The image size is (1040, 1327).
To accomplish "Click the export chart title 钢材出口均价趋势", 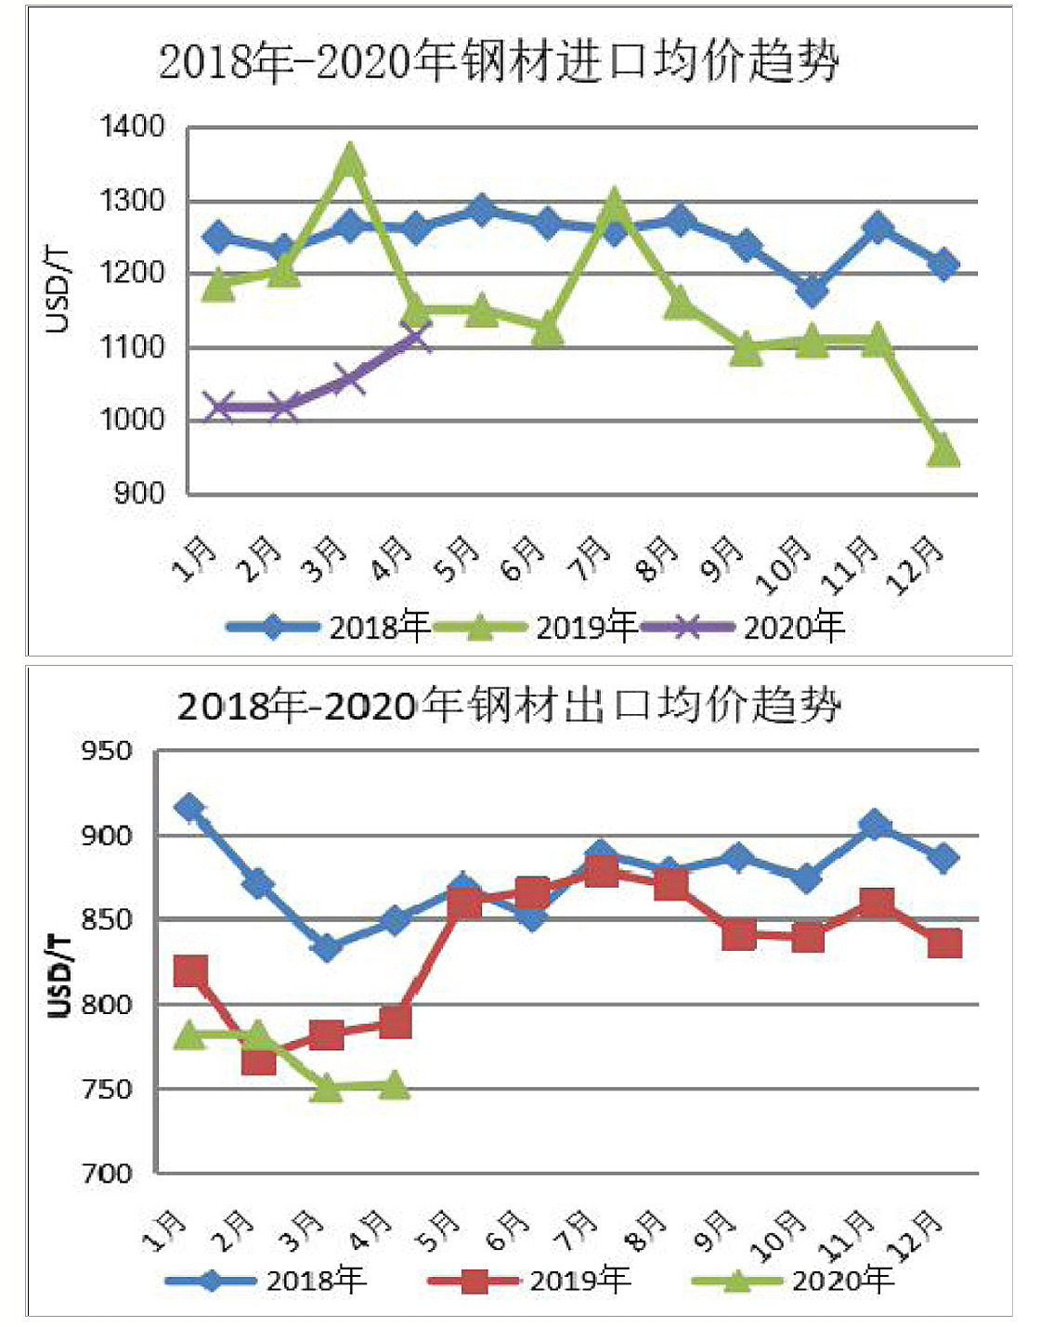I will pos(509,706).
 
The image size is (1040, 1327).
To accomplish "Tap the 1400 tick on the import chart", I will pos(133,126).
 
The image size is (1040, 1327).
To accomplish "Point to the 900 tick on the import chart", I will pos(139,493).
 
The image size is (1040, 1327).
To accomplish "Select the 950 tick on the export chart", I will pos(107,750).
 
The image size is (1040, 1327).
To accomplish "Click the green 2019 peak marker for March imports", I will pos(349,160).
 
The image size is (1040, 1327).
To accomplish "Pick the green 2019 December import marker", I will pos(943,451).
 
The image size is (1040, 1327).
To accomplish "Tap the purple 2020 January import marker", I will pos(218,407).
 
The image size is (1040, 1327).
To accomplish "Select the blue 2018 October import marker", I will pos(812,290).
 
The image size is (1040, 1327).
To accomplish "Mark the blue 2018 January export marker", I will pos(189,808).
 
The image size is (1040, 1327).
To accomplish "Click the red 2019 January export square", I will pos(190,971).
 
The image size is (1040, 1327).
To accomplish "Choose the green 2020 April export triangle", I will pos(395,1085).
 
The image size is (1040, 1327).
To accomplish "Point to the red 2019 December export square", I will pos(944,943).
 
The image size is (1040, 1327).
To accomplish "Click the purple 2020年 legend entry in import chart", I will pos(743,628).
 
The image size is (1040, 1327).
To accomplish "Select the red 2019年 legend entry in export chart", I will pos(529,1281).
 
